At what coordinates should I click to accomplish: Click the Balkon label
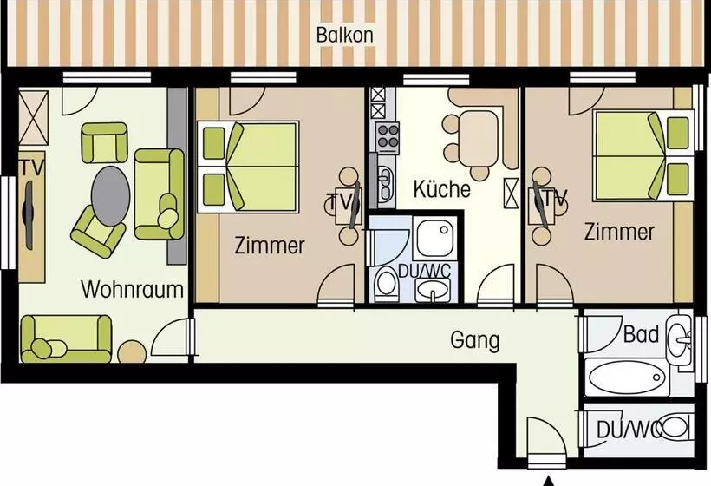tap(344, 35)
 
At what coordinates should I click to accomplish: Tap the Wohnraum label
tap(132, 290)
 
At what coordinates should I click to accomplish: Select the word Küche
tap(441, 189)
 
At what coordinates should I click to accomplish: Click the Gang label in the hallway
tap(475, 340)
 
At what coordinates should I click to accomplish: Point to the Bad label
tap(641, 334)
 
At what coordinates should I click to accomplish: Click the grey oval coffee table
tap(111, 196)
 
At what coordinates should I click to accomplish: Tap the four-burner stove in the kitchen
tap(388, 137)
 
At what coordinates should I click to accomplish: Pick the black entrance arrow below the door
tap(549, 481)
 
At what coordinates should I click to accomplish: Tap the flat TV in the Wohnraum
tap(28, 215)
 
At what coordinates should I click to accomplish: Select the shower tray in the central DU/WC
tap(434, 238)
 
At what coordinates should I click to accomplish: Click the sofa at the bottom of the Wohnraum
tap(66, 338)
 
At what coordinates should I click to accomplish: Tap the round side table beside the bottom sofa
tap(132, 351)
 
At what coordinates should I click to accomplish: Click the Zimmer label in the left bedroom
tap(270, 246)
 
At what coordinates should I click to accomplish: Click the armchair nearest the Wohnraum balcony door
tap(104, 142)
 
